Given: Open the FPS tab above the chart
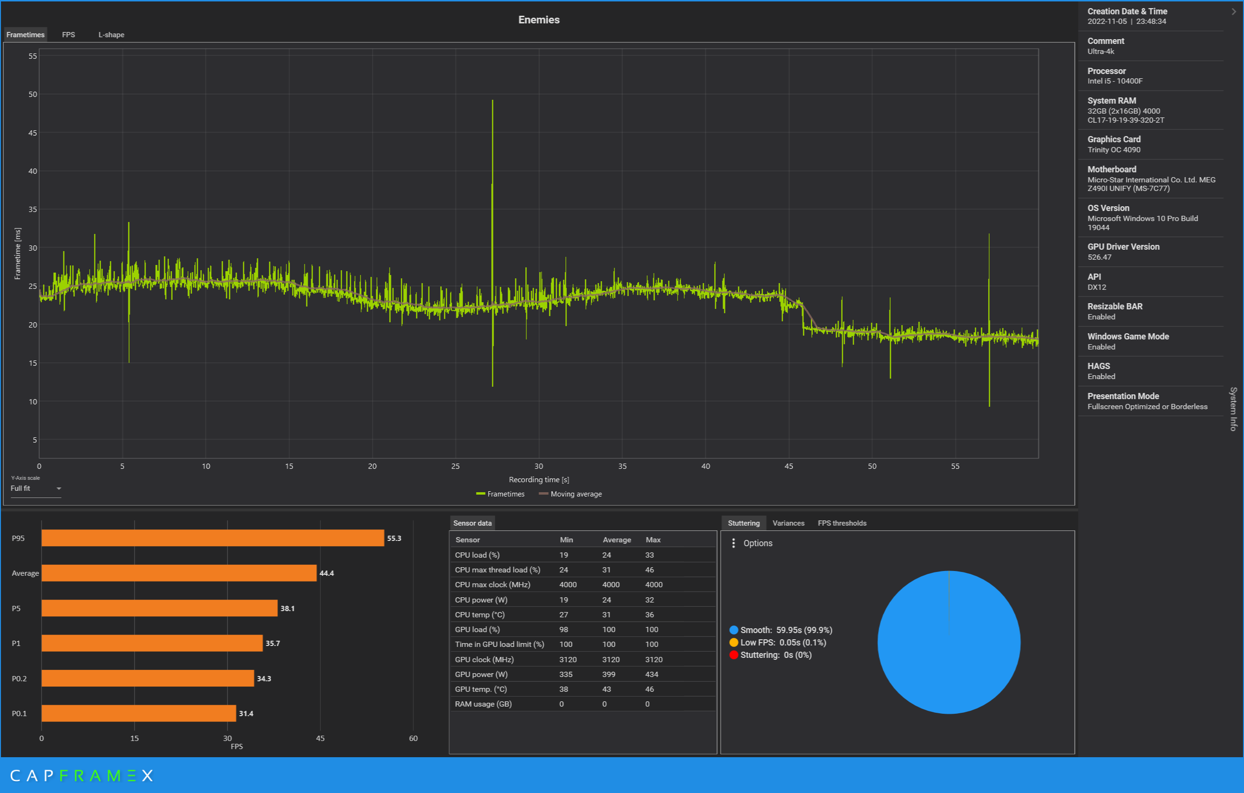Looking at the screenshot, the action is tap(68, 35).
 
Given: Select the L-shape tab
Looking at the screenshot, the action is tap(111, 35).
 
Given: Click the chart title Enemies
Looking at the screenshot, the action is tap(539, 20).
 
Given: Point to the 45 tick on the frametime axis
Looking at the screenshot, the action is tap(32, 133).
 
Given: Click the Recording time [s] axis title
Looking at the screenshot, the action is tap(539, 480).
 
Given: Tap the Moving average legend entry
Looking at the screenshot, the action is tap(570, 494).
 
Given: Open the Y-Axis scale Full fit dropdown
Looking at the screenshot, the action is tap(36, 488).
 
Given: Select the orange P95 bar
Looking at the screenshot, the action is tap(213, 538).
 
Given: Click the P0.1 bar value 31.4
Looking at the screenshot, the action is tap(246, 713).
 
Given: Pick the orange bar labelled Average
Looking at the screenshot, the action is tap(179, 573).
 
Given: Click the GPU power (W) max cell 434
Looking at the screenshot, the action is tap(652, 674).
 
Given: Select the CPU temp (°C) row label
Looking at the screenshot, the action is tap(480, 614).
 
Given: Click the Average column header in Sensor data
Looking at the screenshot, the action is tap(617, 539).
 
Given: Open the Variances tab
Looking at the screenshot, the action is tap(788, 523).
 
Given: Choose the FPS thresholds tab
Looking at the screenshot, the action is tap(842, 523).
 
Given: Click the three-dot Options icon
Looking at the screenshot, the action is tap(733, 543).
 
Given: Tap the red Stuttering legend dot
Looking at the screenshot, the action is tap(733, 655).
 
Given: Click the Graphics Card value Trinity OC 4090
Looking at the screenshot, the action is tap(1114, 150).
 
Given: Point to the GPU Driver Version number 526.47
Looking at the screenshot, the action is tap(1099, 257).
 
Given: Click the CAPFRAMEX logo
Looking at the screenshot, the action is tap(82, 775).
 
